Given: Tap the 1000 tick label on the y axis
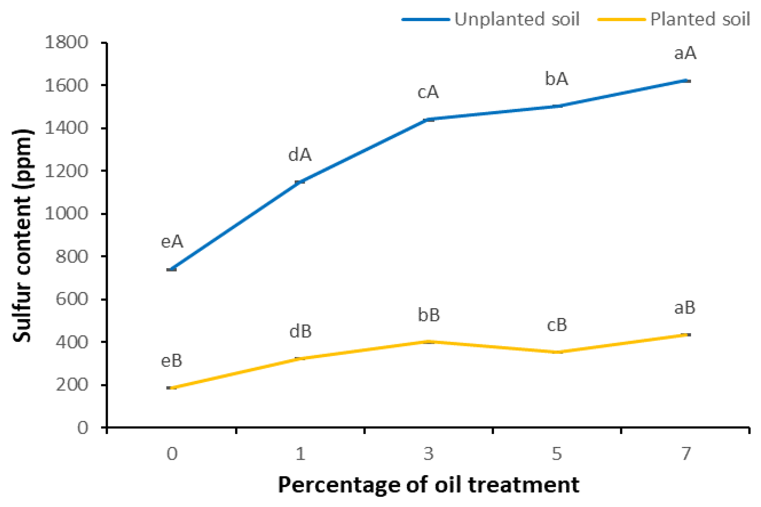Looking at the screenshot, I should pyautogui.click(x=66, y=214).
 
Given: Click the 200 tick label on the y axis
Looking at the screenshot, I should pyautogui.click(x=72, y=385).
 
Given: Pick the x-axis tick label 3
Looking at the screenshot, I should pyautogui.click(x=428, y=454).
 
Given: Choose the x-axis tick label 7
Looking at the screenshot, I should pyautogui.click(x=686, y=454).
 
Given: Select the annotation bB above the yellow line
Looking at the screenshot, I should pyautogui.click(x=429, y=315).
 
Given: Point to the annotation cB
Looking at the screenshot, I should pyautogui.click(x=557, y=325).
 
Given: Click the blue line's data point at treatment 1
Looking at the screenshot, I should pyautogui.click(x=300, y=182).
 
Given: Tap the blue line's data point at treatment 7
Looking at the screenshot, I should pyautogui.click(x=686, y=81).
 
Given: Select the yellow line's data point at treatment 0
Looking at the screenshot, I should pyautogui.click(x=172, y=388).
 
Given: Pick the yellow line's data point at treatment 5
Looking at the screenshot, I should pyautogui.click(x=557, y=352).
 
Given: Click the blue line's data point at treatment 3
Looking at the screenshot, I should pyautogui.click(x=428, y=120).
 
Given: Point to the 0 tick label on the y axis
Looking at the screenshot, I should pyautogui.click(x=83, y=428).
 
